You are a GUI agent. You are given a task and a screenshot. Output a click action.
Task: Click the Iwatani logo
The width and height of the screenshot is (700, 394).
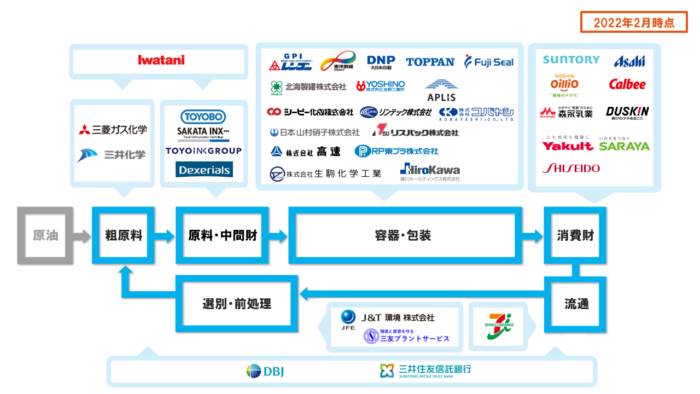click(161, 60)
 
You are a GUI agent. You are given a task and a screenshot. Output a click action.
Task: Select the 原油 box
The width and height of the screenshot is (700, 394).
click(45, 235)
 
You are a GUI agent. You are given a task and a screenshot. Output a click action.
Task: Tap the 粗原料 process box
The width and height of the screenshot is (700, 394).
click(124, 235)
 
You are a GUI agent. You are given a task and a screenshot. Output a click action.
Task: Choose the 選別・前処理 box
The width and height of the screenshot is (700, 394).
click(237, 304)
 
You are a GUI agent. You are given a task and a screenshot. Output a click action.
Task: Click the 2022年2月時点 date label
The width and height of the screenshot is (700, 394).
click(634, 23)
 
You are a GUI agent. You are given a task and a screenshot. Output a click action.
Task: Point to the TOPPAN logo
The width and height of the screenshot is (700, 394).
click(430, 62)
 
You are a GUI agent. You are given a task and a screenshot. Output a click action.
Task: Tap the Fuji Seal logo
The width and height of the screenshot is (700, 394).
click(489, 62)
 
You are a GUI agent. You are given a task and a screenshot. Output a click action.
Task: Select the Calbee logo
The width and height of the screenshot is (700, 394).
click(627, 85)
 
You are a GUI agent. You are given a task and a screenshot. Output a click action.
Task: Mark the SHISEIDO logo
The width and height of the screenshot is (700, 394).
click(570, 169)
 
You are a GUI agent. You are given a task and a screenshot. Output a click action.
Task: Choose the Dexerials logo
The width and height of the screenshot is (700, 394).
click(204, 170)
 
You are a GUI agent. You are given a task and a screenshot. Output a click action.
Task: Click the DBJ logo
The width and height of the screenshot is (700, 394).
click(265, 372)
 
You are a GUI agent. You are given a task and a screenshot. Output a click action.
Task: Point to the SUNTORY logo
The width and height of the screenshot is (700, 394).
click(571, 60)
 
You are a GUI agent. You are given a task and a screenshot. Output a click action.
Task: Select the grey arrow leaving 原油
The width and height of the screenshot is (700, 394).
click(82, 236)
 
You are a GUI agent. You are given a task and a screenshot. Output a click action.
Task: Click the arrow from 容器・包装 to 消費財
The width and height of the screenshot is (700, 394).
click(529, 236)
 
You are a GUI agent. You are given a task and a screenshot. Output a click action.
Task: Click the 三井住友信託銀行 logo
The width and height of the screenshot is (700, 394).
click(425, 370)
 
